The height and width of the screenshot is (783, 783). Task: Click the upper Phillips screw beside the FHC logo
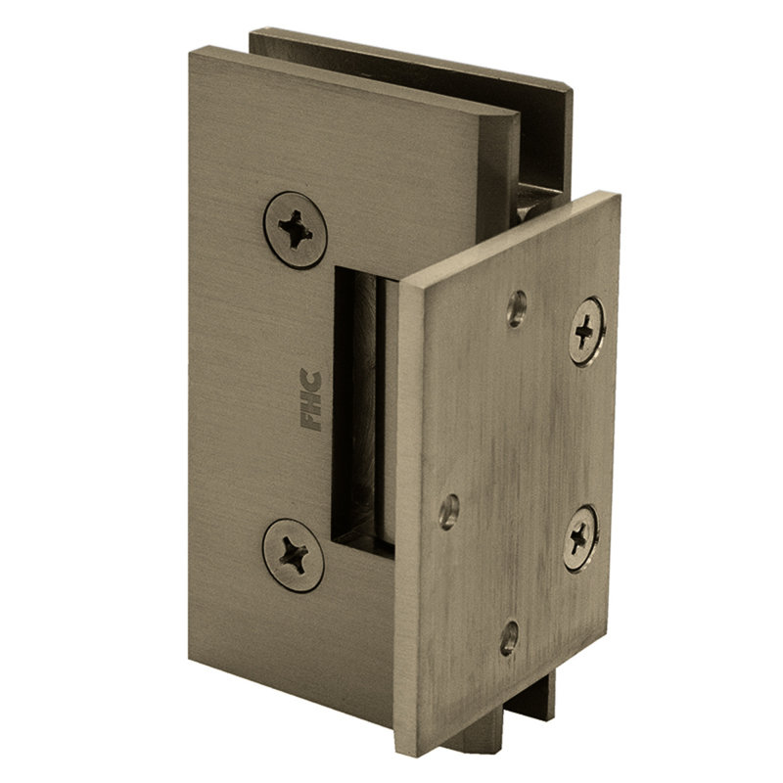click(x=296, y=230)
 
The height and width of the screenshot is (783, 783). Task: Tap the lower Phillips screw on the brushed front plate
click(x=293, y=555)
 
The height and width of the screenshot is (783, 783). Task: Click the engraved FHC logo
click(x=310, y=399)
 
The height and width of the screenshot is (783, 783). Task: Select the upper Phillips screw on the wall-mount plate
click(x=586, y=332)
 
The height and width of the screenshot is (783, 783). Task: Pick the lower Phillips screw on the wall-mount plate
click(x=580, y=538)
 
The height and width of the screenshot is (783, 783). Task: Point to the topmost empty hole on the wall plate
click(x=517, y=308)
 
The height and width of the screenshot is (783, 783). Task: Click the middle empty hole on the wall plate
click(x=449, y=511)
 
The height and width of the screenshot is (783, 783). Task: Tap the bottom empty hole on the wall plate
click(x=509, y=637)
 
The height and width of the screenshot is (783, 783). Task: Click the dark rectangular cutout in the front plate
click(x=364, y=411)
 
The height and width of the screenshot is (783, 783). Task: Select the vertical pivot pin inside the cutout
click(x=386, y=414)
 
